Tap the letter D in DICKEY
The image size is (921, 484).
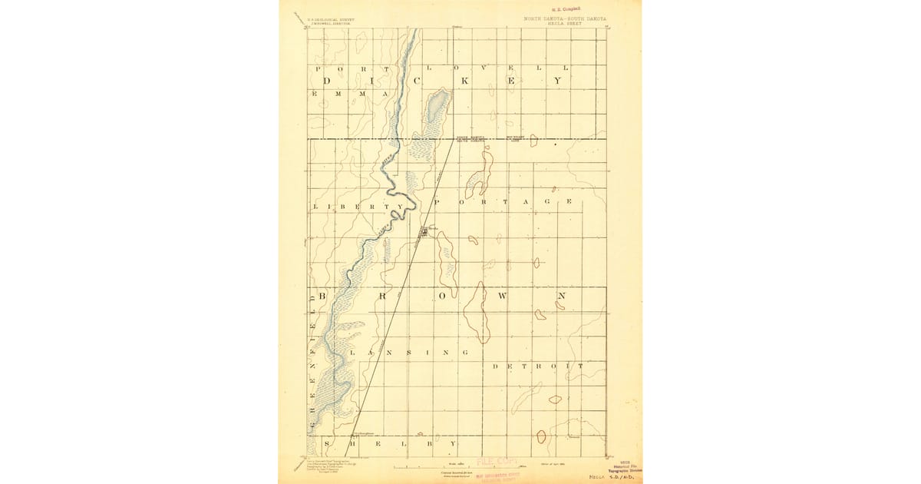[328, 80]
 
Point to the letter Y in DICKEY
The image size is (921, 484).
[559, 80]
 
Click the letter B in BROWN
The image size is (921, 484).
[324, 296]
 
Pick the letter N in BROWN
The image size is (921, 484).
[563, 296]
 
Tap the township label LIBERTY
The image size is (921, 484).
[358, 207]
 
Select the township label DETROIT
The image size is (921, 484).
[537, 366]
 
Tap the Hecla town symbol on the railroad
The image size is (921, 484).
[424, 229]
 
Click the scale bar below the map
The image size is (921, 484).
[460, 466]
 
